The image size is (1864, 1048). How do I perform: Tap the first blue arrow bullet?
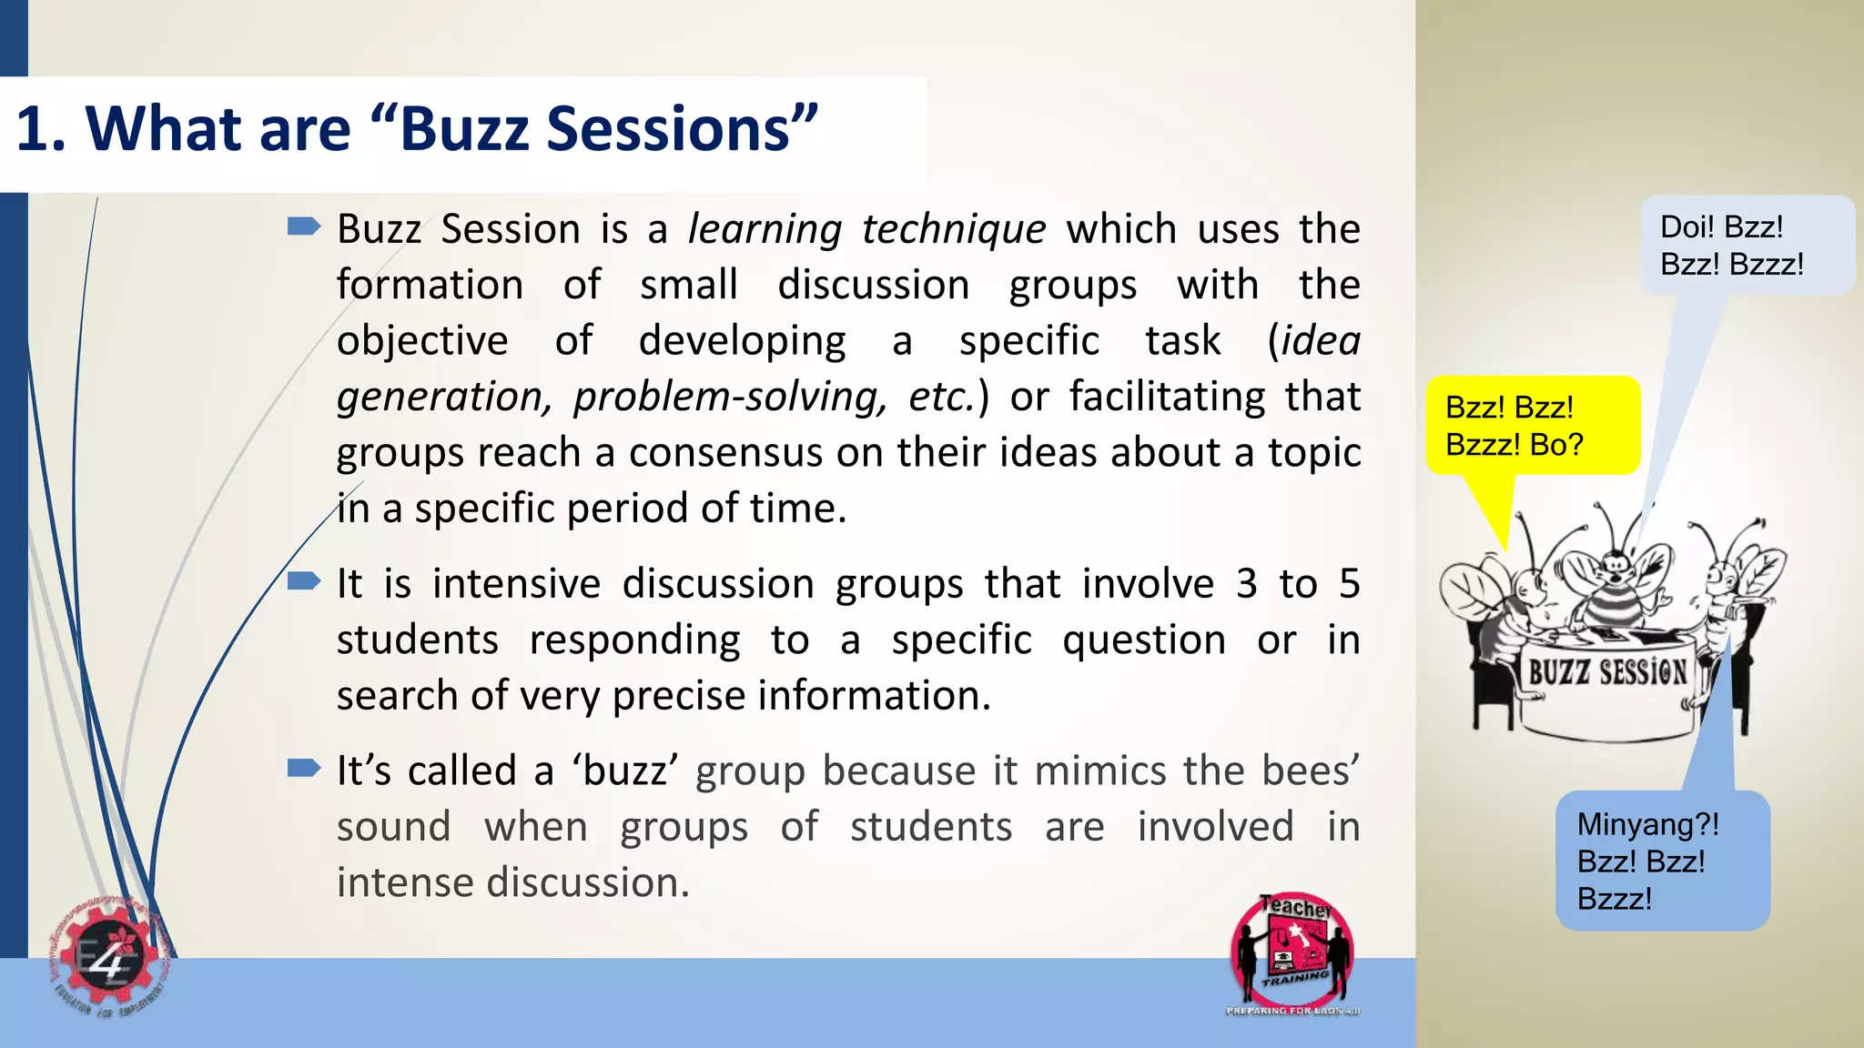point(303,226)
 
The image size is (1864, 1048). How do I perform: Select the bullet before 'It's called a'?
point(303,769)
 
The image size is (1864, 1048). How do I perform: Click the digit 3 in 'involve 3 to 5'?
point(1246,584)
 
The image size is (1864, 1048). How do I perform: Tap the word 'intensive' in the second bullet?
point(516,584)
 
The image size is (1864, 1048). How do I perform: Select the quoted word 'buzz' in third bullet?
point(624,771)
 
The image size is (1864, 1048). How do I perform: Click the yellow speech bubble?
point(1532,426)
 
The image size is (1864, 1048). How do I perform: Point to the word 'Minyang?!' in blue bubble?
point(1647,824)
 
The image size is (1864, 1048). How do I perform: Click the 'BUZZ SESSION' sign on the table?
point(1607,673)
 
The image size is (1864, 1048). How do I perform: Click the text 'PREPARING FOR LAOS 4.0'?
point(1292,1011)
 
